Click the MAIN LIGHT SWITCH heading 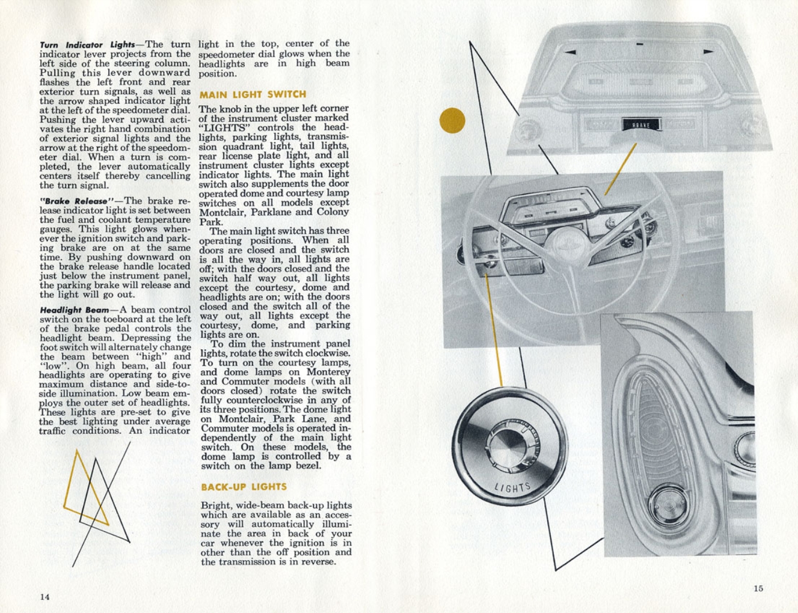(253, 94)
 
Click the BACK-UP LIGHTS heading (244, 487)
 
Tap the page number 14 (45, 597)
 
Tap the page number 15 (758, 588)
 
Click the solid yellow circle (452, 121)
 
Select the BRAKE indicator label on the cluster (641, 125)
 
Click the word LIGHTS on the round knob (513, 487)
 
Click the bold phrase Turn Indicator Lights (87, 45)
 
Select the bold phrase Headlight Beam (75, 310)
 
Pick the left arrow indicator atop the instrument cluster (570, 52)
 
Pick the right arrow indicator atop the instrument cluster (708, 52)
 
